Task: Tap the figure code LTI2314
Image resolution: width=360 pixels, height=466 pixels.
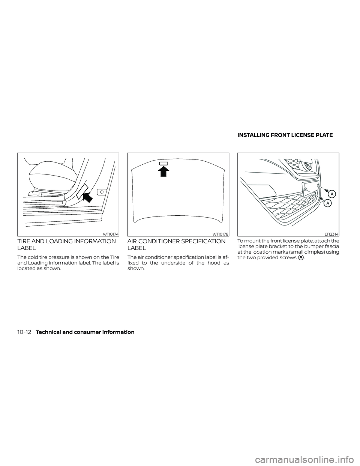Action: coord(331,234)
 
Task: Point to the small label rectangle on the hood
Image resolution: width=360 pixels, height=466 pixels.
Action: coord(164,163)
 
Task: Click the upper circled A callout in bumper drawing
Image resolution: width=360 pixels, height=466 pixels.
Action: coord(332,194)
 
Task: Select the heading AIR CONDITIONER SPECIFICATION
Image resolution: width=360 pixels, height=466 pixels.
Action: coord(176,241)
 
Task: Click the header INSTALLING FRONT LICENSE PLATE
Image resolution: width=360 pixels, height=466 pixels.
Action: coord(285,135)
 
